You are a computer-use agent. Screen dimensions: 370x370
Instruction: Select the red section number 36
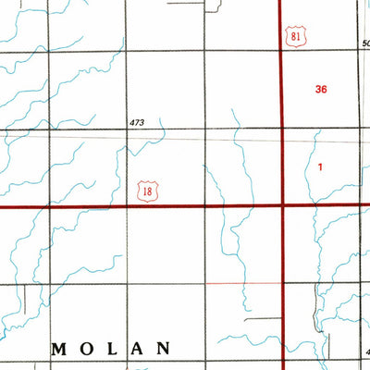pyautogui.click(x=321, y=90)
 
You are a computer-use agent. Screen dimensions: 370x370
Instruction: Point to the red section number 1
pyautogui.click(x=320, y=167)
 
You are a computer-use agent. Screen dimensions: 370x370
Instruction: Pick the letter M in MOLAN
pyautogui.click(x=58, y=349)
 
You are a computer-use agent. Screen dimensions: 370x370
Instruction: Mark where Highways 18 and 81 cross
pyautogui.click(x=281, y=206)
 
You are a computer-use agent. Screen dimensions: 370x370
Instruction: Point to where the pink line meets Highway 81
pyautogui.click(x=281, y=281)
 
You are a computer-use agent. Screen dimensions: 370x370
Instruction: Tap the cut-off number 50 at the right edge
pyautogui.click(x=365, y=43)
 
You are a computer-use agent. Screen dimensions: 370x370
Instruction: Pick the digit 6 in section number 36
pyautogui.click(x=325, y=90)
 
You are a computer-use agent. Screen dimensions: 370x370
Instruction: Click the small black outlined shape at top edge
pyautogui.click(x=215, y=7)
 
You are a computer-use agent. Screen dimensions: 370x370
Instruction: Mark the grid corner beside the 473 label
pyautogui.click(x=125, y=130)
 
